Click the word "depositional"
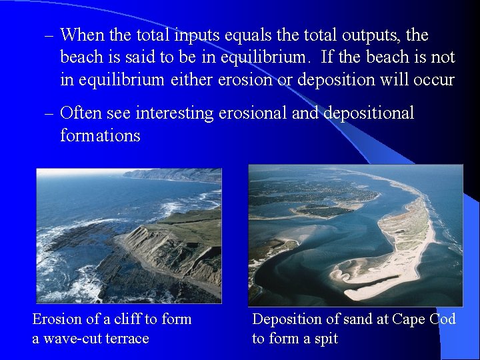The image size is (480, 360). click(369, 113)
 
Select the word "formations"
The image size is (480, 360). click(100, 135)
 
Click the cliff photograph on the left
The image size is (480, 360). click(129, 235)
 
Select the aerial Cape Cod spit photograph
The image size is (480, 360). click(355, 235)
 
